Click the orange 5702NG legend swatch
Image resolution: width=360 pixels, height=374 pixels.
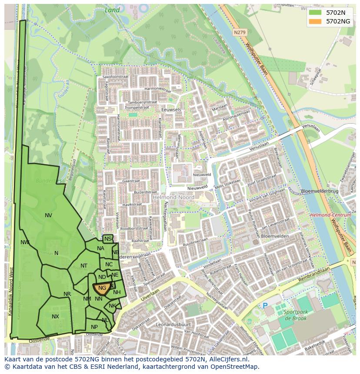316,21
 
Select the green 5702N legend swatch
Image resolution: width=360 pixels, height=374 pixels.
316,13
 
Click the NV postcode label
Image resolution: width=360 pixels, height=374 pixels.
48,215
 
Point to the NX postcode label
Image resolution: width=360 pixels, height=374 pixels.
55,317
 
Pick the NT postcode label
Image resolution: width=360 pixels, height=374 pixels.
84,266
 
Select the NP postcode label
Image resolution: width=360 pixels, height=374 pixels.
94,327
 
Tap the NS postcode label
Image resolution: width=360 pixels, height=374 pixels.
108,239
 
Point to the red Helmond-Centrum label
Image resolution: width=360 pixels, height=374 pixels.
330,215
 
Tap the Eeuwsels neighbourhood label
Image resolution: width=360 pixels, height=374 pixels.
171,110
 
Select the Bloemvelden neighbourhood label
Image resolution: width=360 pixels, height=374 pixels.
275,236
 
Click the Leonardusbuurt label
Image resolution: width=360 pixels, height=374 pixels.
173,324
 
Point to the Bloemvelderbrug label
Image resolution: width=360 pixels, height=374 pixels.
320,191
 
